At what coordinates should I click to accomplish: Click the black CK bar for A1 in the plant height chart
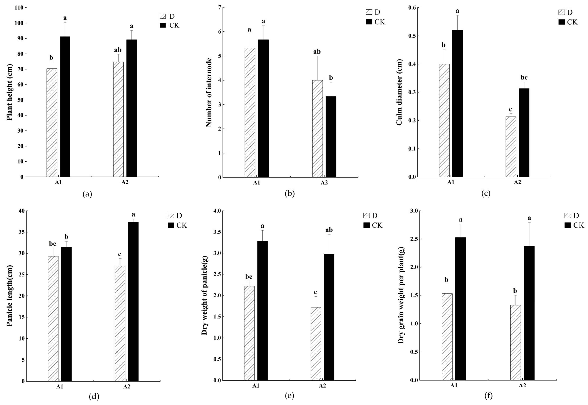click(65, 107)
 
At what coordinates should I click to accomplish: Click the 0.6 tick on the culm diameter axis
click(412, 8)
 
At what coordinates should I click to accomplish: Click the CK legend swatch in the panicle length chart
click(171, 225)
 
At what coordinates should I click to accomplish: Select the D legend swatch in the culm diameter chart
click(562, 12)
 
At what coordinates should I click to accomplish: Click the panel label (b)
click(290, 194)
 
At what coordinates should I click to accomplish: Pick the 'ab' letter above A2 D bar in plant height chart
click(118, 50)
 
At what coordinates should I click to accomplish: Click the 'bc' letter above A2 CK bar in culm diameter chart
click(524, 77)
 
